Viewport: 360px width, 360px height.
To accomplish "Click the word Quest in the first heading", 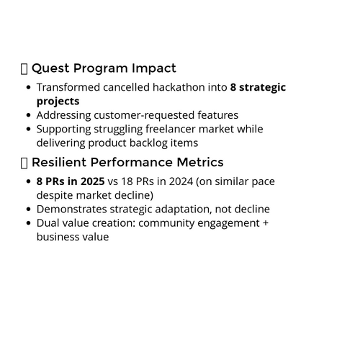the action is tap(50, 68).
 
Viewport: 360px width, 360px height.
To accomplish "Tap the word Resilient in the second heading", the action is tap(59, 162).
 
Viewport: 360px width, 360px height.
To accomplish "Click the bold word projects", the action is tap(58, 102).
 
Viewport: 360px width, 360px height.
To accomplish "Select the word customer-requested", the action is tap(144, 115).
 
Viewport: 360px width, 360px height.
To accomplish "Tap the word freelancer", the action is tap(171, 129).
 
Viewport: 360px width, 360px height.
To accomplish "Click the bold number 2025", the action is tap(92, 181).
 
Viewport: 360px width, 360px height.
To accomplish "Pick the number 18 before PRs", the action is tap(127, 181).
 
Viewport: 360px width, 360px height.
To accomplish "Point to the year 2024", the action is tap(181, 181).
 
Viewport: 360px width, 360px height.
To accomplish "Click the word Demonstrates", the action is tap(71, 209).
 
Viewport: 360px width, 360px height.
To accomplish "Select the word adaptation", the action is tap(184, 210).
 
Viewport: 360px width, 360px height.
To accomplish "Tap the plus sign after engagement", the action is tap(266, 223).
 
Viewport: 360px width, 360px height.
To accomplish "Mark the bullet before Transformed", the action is tap(29, 87).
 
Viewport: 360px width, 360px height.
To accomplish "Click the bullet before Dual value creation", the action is tap(29, 223).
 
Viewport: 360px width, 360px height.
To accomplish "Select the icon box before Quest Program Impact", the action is tap(24, 69).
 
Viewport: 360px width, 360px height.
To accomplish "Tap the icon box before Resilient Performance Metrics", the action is tap(24, 163).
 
